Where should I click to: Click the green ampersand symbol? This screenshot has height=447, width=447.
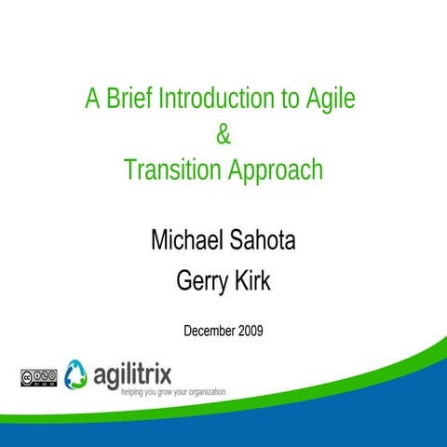[223, 135]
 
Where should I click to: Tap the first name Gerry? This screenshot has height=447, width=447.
[200, 280]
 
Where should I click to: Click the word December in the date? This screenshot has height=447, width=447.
[210, 331]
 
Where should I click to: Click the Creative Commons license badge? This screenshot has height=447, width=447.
[37, 377]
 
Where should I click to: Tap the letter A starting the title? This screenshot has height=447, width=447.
[92, 98]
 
